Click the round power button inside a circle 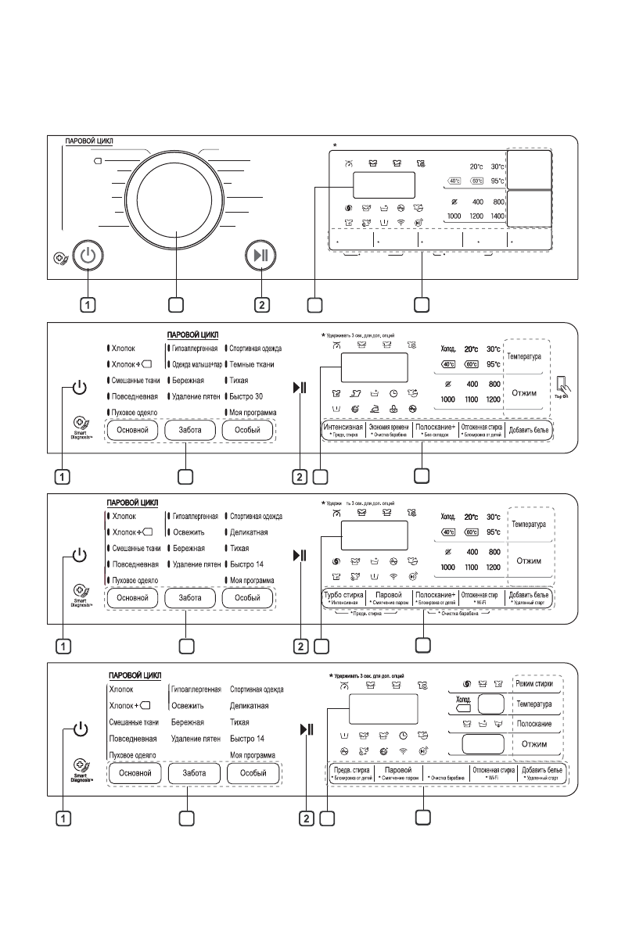pyautogui.click(x=88, y=256)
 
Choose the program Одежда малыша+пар pyautogui.click(x=196, y=364)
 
